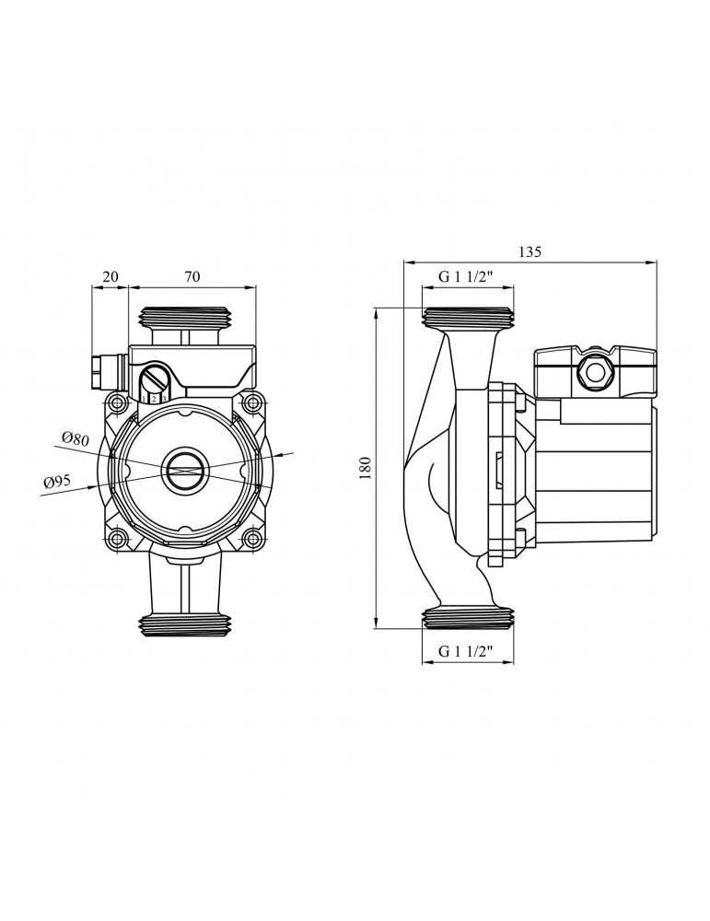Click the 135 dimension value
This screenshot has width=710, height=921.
[x=530, y=252]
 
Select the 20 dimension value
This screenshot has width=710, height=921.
[x=110, y=276]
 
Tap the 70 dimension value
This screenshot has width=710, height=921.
[x=192, y=276]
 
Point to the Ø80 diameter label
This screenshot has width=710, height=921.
[x=75, y=437]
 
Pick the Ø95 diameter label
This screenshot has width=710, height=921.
[x=57, y=483]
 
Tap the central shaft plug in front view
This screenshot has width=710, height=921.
[x=184, y=471]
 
